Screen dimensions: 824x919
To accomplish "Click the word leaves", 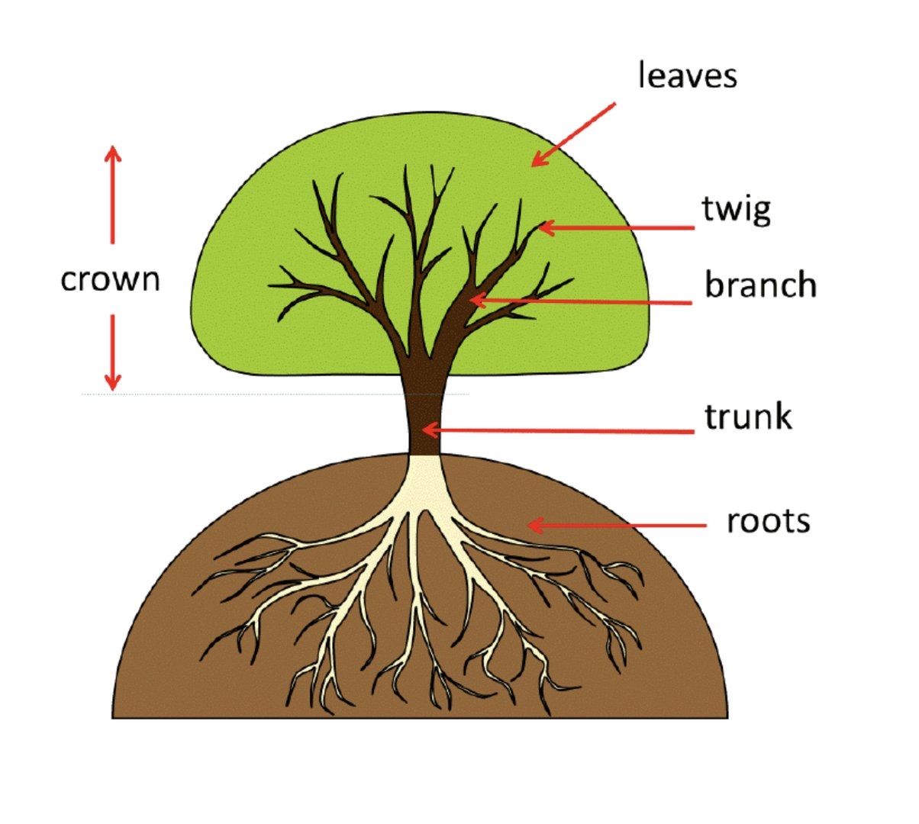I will pos(687,76).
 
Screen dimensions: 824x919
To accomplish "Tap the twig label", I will pos(736,209).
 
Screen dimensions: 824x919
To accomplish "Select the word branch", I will pos(760,285).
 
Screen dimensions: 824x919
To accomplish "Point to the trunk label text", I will pos(748,417).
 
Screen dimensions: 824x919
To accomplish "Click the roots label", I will pos(768,521).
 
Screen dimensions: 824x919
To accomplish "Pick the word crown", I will pos(111,279).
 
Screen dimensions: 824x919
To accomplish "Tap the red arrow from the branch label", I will pos(580,301).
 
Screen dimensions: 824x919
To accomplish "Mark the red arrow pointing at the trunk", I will pos(557,431).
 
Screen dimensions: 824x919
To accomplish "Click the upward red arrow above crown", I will pos(113,195).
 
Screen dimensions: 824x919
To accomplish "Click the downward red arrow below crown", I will pos(113,352).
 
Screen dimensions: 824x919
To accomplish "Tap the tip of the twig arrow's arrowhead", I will pos(539,227).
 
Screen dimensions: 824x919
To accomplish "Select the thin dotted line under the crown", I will pos(275,394).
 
